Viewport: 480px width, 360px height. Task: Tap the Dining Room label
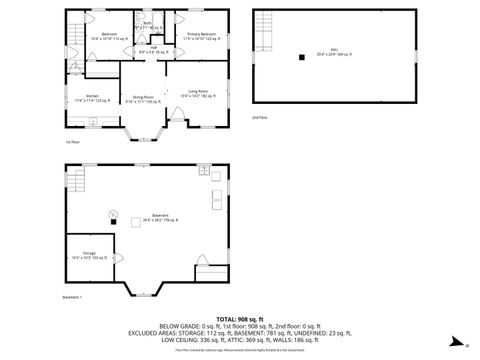point(143,99)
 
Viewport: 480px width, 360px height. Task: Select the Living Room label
point(197,94)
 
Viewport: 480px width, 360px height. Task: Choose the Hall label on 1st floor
point(155,49)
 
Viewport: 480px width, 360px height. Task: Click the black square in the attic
point(300,57)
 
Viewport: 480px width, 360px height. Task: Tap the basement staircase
point(78,182)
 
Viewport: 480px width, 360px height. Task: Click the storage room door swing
point(120,263)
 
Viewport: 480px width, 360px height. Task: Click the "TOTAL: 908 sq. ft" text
point(239,317)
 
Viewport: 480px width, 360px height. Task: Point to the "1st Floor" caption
point(73,142)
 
